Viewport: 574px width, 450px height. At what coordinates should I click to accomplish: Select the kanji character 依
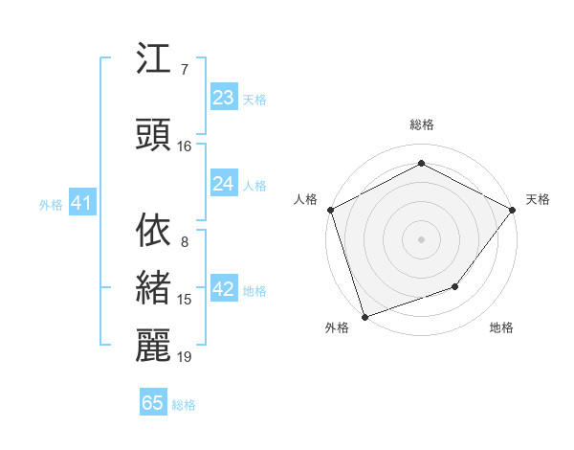pyautogui.click(x=157, y=230)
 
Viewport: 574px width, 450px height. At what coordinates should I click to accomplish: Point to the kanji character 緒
pyautogui.click(x=157, y=288)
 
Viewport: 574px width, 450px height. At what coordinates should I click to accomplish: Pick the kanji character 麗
pyautogui.click(x=157, y=346)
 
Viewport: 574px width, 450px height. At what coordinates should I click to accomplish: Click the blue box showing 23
pyautogui.click(x=223, y=97)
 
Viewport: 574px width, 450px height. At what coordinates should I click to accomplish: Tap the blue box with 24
pyautogui.click(x=223, y=184)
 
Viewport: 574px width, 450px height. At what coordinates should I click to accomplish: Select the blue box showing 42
pyautogui.click(x=223, y=290)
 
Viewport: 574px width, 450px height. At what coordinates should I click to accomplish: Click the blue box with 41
pyautogui.click(x=81, y=204)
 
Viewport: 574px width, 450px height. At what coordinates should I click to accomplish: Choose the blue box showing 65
pyautogui.click(x=153, y=403)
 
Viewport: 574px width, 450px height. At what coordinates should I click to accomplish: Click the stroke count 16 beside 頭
pyautogui.click(x=185, y=146)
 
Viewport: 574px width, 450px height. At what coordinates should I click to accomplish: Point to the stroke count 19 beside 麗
pyautogui.click(x=185, y=357)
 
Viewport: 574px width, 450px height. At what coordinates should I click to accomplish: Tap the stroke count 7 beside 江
pyautogui.click(x=185, y=70)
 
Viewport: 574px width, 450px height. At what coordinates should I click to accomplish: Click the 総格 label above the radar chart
pyautogui.click(x=422, y=124)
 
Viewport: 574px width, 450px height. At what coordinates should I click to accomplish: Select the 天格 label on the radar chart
pyautogui.click(x=538, y=199)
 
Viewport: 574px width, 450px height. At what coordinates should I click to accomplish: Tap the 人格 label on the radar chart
pyautogui.click(x=306, y=199)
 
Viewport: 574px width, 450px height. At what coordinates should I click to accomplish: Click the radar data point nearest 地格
pyautogui.click(x=456, y=286)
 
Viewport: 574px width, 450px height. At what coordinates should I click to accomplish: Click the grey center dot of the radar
pyautogui.click(x=421, y=238)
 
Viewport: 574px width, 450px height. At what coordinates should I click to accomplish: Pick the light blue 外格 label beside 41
pyautogui.click(x=51, y=205)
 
